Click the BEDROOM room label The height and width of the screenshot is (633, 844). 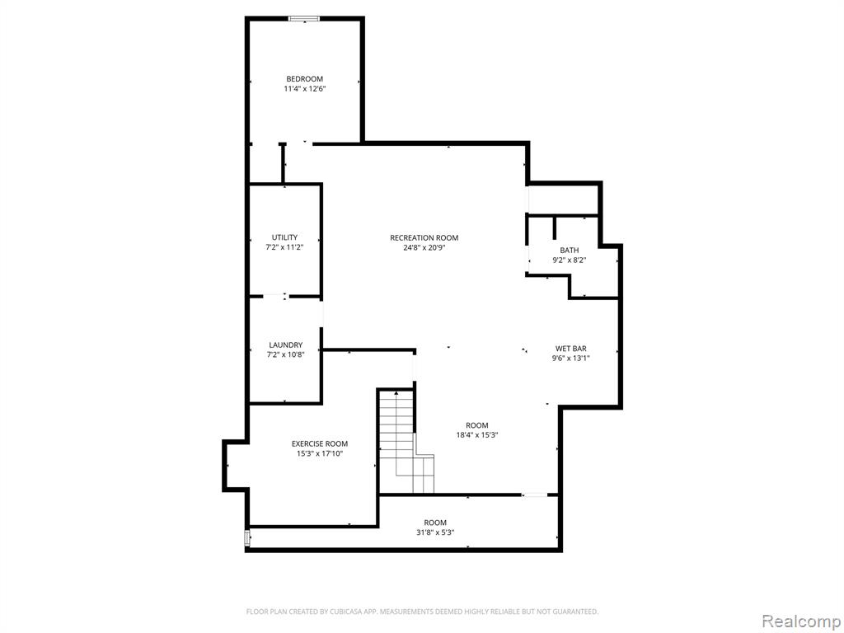click(x=304, y=79)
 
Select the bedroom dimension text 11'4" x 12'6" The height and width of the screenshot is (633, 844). click(x=304, y=89)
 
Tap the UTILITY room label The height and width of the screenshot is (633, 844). click(x=284, y=237)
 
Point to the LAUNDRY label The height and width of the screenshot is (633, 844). click(x=285, y=345)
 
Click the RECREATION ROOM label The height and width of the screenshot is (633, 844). click(x=424, y=238)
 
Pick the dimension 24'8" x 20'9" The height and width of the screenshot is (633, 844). click(x=424, y=248)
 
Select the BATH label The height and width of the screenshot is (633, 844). click(x=569, y=251)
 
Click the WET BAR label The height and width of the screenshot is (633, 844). click(x=570, y=349)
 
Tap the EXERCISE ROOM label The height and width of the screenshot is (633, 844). click(x=319, y=443)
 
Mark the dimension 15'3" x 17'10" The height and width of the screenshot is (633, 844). click(x=319, y=453)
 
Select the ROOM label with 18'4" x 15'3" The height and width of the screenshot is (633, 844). click(x=476, y=425)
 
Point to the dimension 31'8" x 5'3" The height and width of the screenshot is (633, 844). click(x=434, y=532)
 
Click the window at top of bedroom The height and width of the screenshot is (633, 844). click(x=305, y=18)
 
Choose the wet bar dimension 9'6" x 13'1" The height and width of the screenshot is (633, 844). click(x=570, y=359)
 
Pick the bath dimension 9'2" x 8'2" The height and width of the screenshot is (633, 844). click(x=569, y=260)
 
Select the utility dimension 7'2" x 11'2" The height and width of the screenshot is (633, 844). click(x=284, y=247)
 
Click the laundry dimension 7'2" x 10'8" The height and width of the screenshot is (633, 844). click(x=285, y=355)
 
